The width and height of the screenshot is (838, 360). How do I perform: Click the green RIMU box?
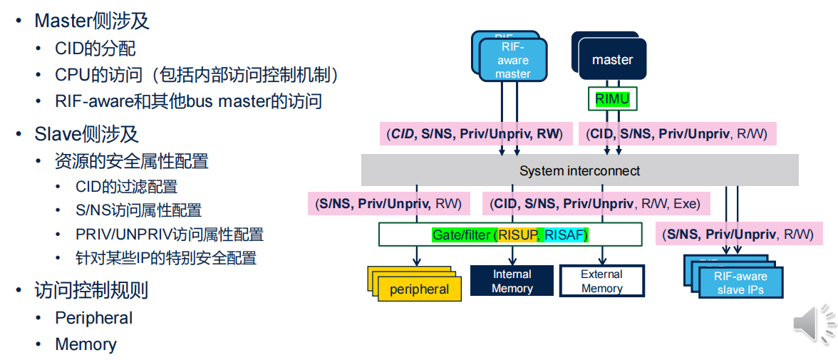point(612,99)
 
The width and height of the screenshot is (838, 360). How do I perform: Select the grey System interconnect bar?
point(579,171)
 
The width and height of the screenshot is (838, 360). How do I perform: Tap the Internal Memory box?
point(512,282)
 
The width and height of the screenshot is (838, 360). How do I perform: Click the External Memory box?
point(601,282)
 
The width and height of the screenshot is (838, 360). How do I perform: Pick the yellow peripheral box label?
point(419,289)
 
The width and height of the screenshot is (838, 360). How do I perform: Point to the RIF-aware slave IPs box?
point(740,283)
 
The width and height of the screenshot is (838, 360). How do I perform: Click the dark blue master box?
point(612,60)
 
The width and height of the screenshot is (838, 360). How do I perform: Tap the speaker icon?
point(813,325)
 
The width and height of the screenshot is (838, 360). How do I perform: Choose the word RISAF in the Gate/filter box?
point(567,235)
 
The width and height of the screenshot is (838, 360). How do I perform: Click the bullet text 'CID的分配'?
point(95,48)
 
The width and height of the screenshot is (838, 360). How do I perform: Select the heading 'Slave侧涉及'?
point(86,134)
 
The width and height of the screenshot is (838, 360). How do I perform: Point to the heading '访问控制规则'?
point(91,291)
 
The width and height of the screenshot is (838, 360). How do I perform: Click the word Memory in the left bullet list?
point(86,344)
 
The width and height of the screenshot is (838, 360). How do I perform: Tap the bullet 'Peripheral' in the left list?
point(93,318)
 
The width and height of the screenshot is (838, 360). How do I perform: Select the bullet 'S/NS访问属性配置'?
point(138,210)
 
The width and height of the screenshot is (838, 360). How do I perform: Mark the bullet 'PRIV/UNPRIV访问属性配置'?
point(169,235)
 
